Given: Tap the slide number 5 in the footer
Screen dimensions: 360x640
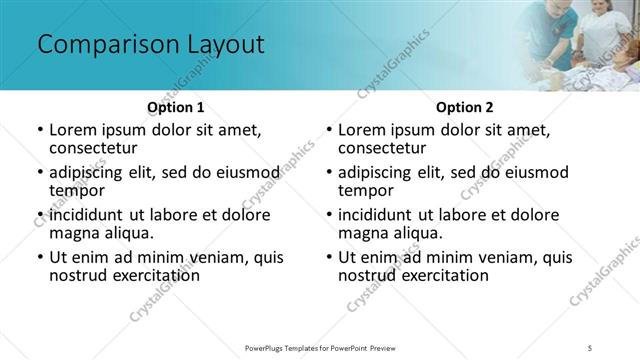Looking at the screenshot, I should point(591,347).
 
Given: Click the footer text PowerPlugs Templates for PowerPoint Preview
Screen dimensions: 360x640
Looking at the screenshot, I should point(320,347).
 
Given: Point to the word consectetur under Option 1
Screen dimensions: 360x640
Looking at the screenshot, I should point(92,148).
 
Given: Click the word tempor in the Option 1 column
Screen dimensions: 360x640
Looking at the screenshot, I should point(77,190).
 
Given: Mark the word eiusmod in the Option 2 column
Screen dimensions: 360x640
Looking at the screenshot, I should point(535,172).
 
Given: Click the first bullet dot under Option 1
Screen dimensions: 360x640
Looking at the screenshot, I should point(39,131).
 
